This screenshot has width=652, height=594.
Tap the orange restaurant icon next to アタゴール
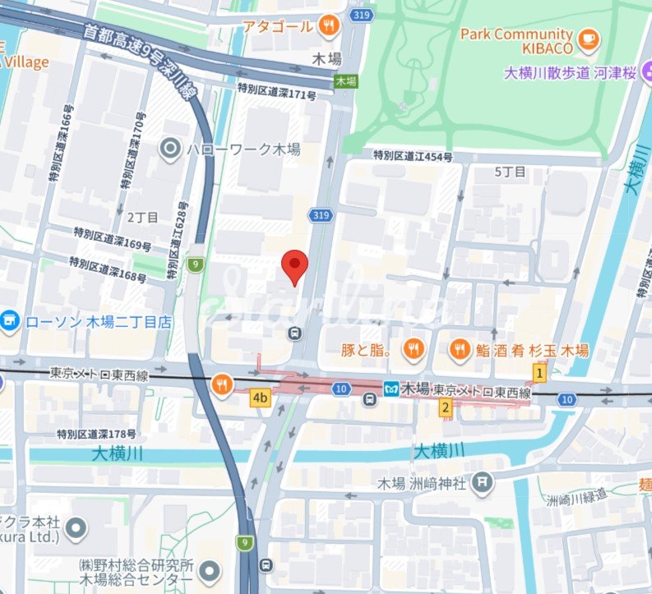tap(329, 26)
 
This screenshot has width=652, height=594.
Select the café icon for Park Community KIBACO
tap(589, 39)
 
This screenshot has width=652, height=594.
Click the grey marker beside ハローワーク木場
tap(170, 149)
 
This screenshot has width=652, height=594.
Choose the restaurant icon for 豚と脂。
tap(413, 351)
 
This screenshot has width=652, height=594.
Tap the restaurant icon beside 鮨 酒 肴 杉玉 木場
tap(460, 351)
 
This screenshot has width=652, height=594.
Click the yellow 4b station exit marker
tap(261, 398)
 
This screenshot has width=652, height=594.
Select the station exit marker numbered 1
tap(539, 373)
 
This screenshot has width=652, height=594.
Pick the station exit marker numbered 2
tap(446, 407)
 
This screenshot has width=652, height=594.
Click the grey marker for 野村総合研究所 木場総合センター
tap(210, 569)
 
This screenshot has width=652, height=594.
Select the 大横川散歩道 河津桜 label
tap(571, 73)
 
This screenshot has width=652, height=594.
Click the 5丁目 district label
tap(510, 172)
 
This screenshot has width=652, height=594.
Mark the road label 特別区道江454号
tap(413, 155)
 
